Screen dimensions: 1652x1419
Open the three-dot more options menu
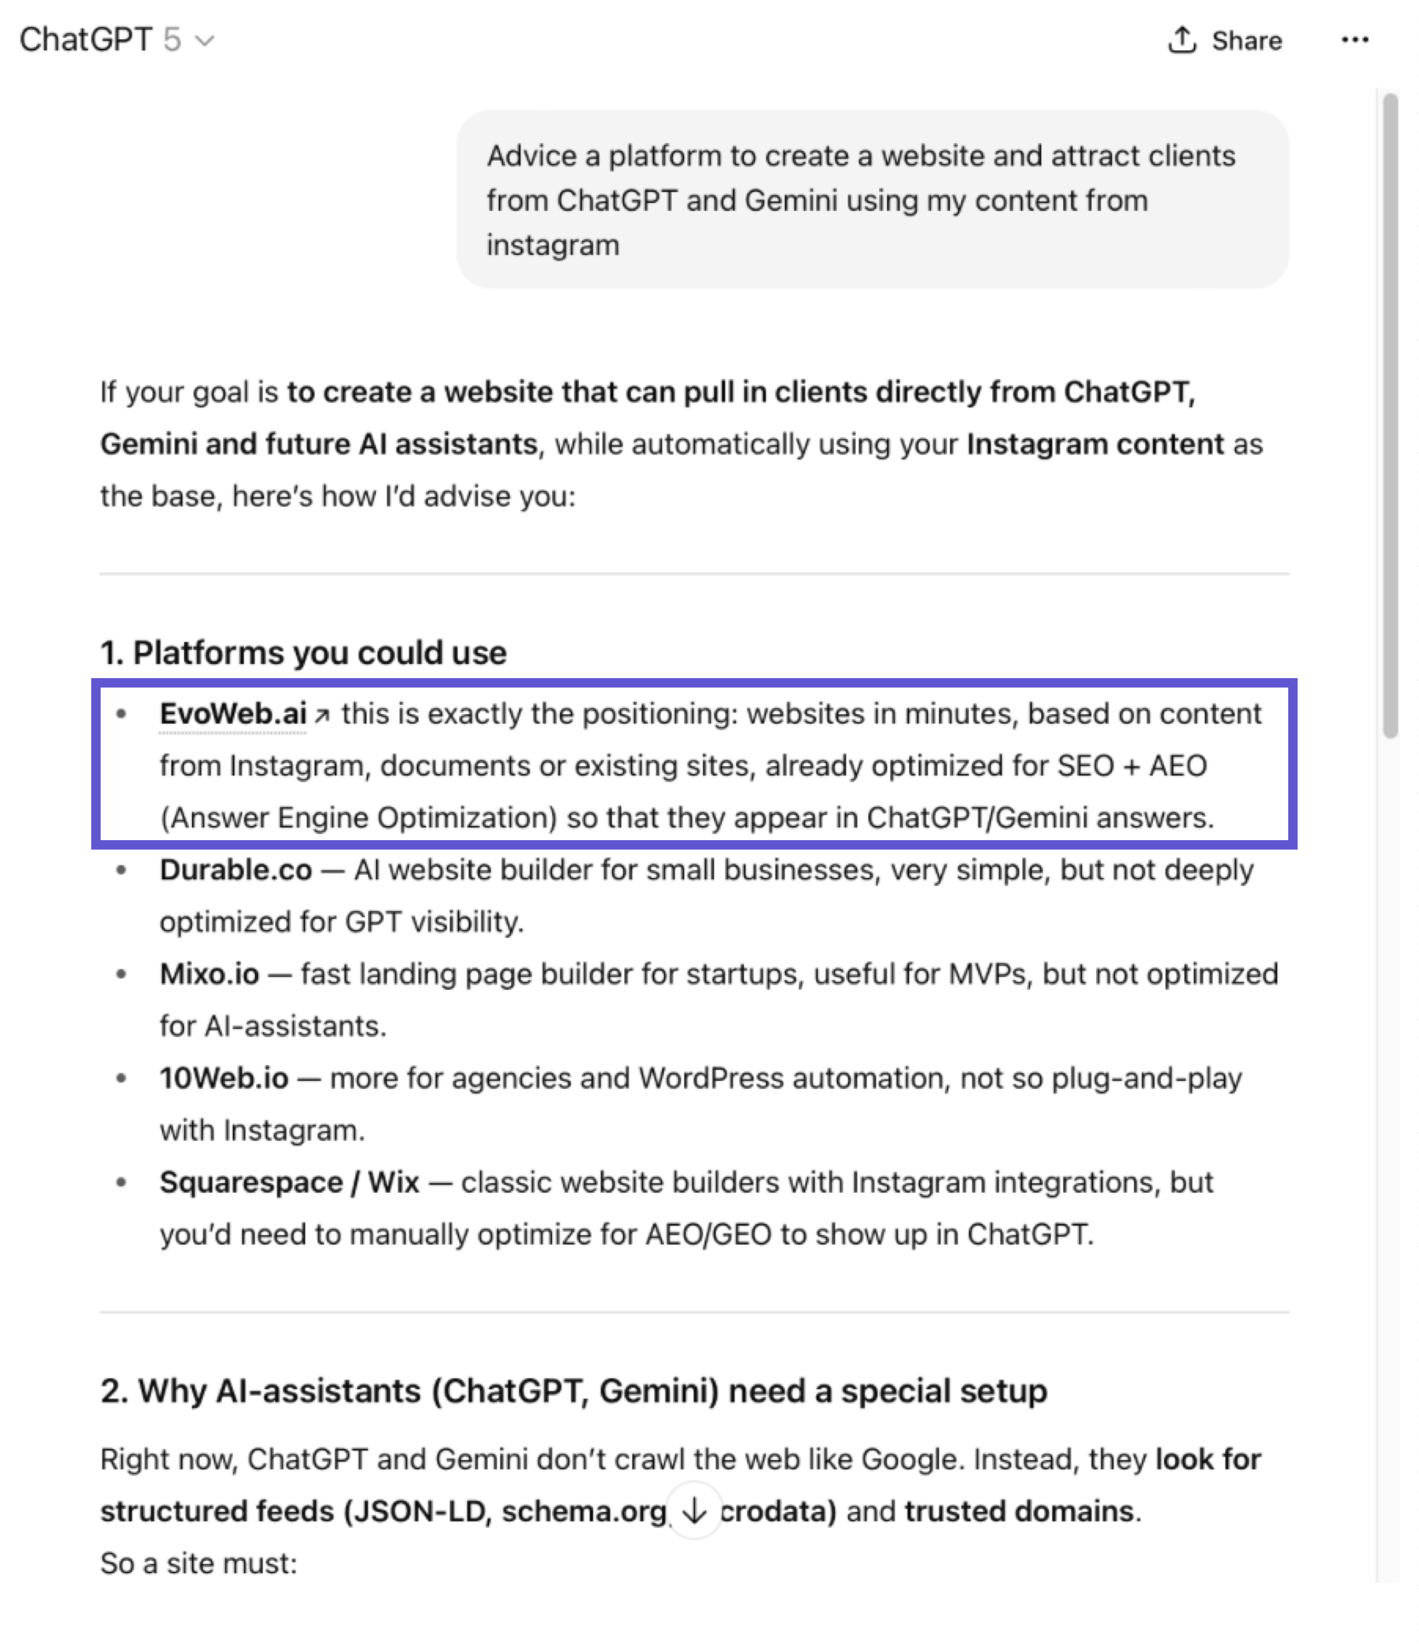pyautogui.click(x=1354, y=40)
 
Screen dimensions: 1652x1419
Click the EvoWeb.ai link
pyautogui.click(x=233, y=714)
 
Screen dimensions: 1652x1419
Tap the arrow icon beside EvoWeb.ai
pyautogui.click(x=322, y=715)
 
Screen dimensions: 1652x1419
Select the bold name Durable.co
pyautogui.click(x=235, y=870)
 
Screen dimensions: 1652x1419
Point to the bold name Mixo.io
pyautogui.click(x=209, y=974)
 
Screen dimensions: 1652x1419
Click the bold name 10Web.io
pyautogui.click(x=223, y=1078)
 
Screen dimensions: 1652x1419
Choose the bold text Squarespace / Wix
pyautogui.click(x=288, y=1182)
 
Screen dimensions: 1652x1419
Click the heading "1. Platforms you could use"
pyautogui.click(x=303, y=653)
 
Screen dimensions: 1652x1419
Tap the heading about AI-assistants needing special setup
pyautogui.click(x=573, y=1391)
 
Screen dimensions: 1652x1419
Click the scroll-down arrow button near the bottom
pyautogui.click(x=694, y=1510)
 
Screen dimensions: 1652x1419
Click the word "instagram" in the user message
pyautogui.click(x=552, y=245)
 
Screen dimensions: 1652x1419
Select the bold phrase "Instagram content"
pyautogui.click(x=1094, y=444)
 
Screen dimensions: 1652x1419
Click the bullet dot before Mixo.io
pyautogui.click(x=121, y=974)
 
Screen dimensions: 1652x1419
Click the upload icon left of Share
pyautogui.click(x=1182, y=40)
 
